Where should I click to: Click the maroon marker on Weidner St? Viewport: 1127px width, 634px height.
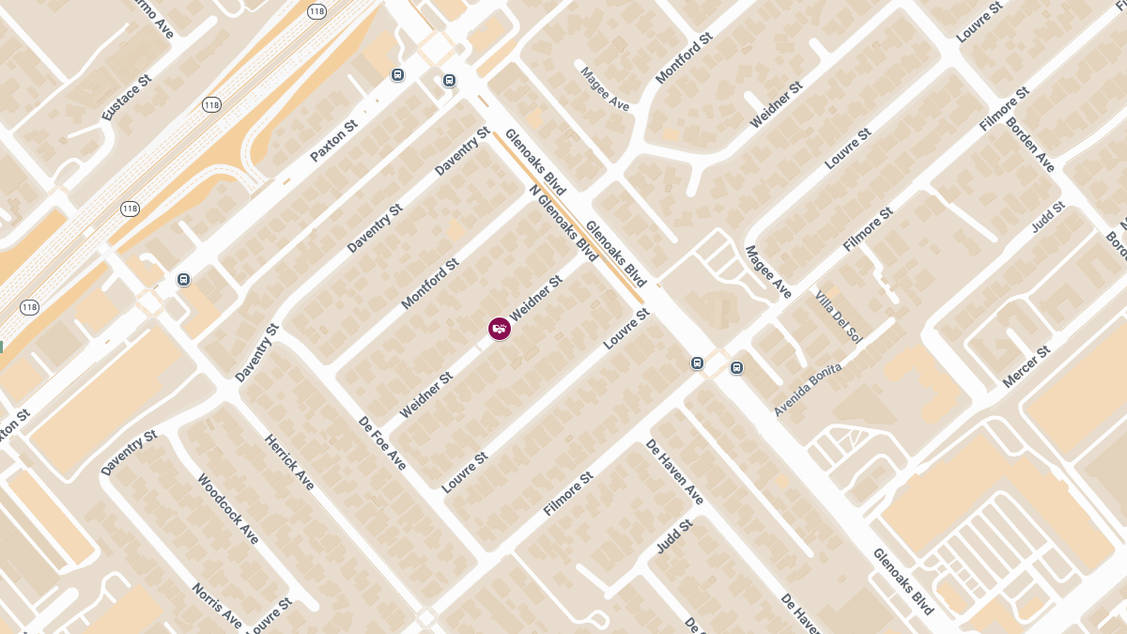[x=500, y=328]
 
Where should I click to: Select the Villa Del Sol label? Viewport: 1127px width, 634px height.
[x=839, y=316]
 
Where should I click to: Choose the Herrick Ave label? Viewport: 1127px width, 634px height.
[x=289, y=461]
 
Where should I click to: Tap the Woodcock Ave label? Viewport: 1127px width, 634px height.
[x=227, y=508]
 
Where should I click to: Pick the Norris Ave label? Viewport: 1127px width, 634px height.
[x=218, y=606]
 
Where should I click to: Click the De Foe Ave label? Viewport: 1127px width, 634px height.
[x=383, y=443]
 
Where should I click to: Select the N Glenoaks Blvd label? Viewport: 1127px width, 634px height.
[x=563, y=223]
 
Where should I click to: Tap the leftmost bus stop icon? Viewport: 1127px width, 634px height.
[x=183, y=280]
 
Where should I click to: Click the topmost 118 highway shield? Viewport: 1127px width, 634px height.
[x=316, y=11]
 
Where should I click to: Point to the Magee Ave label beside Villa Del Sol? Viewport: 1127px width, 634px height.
[x=768, y=272]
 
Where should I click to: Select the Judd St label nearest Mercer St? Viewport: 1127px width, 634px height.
[x=1047, y=217]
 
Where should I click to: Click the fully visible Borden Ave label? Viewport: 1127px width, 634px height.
[x=1031, y=144]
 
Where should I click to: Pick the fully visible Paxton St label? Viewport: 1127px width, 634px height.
[x=334, y=139]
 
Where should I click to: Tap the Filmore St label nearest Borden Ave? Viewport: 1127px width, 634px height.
[x=1004, y=109]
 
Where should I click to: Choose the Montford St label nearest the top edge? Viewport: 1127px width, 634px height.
[x=684, y=58]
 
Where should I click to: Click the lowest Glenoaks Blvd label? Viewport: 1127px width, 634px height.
[x=903, y=581]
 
